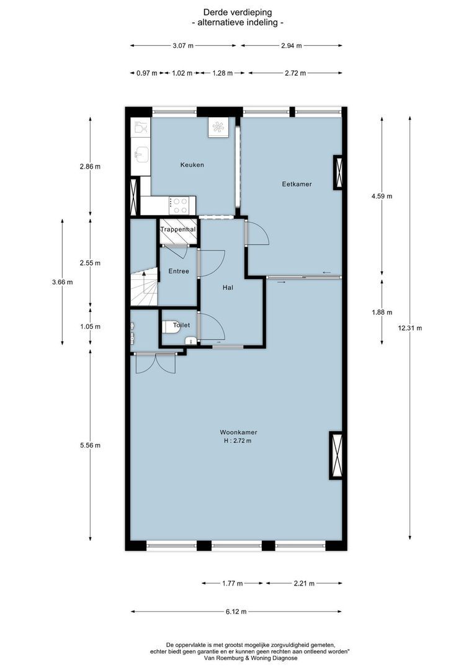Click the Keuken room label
(192, 165)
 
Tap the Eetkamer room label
(297, 184)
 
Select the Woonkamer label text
(238, 432)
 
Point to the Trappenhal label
(178, 230)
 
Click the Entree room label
(178, 271)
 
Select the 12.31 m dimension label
(410, 328)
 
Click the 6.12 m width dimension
(235, 612)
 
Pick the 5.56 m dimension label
(90, 445)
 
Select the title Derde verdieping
(238, 12)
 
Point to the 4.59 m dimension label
(382, 196)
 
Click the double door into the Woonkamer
(156, 363)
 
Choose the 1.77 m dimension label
(232, 583)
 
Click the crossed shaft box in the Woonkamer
(336, 455)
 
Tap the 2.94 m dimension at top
(291, 45)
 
